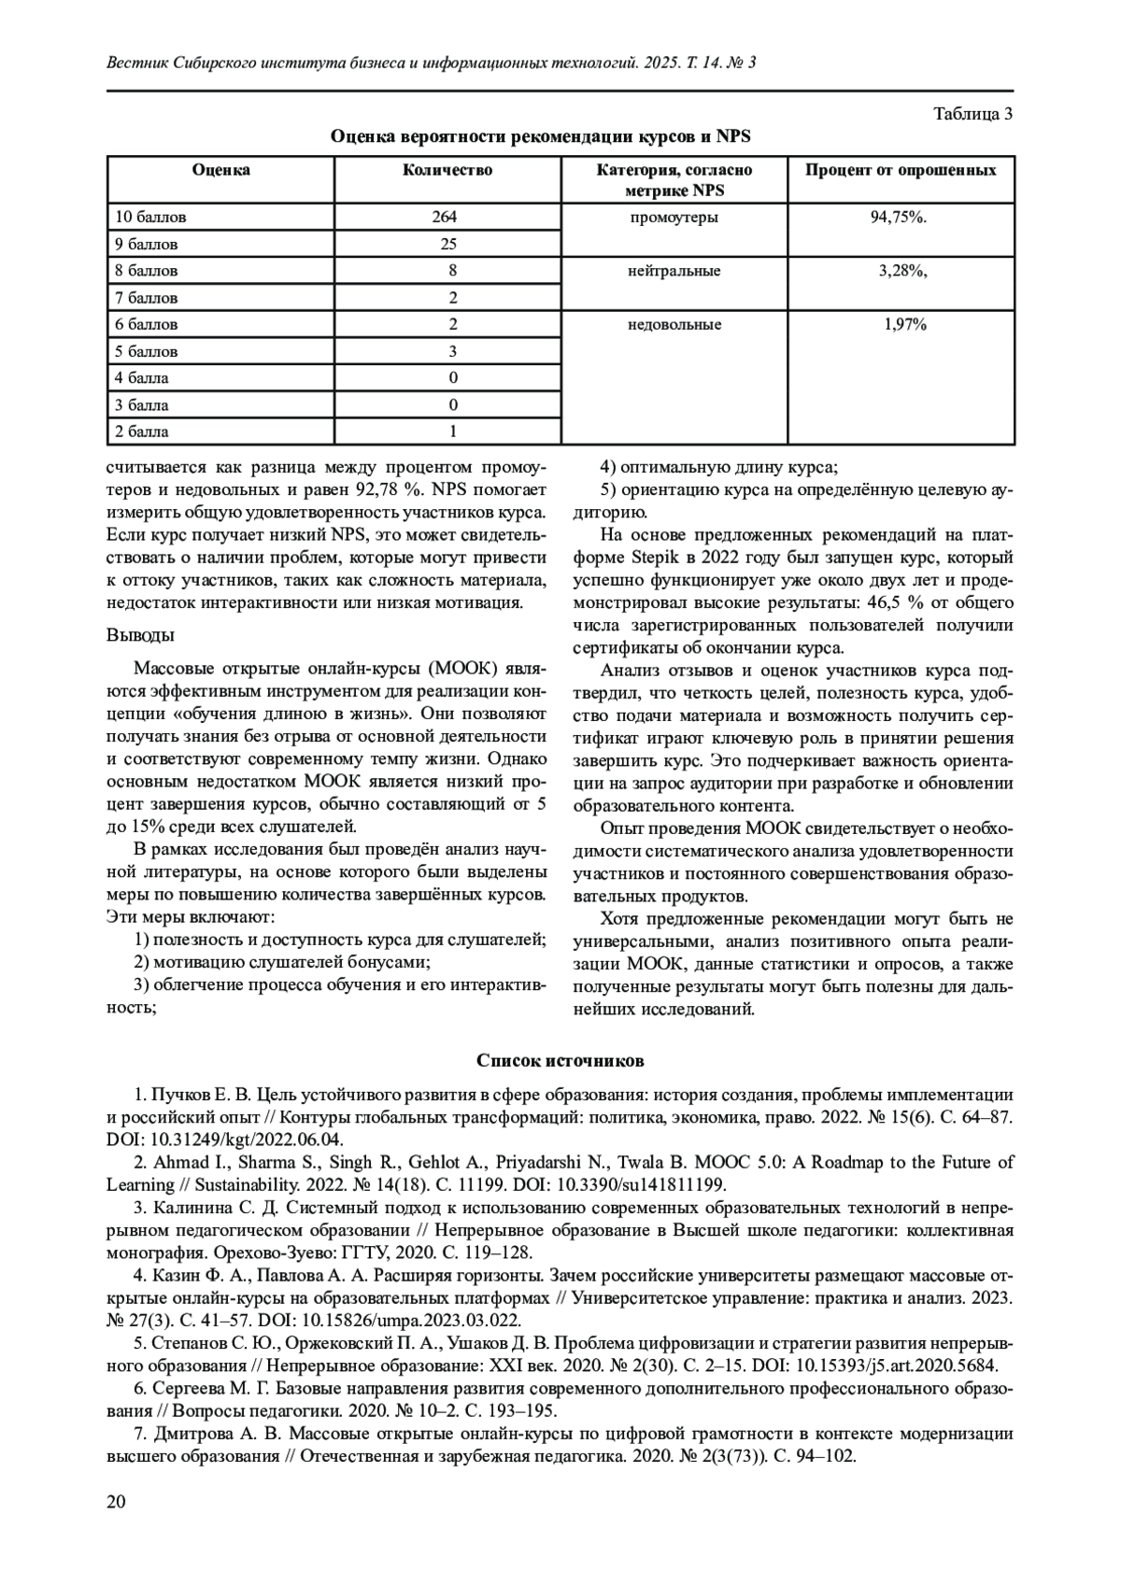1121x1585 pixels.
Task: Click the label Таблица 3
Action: tap(973, 114)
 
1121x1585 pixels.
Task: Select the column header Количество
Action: tap(447, 170)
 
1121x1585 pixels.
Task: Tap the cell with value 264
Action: tap(445, 217)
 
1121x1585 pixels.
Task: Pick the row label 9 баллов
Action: tap(147, 244)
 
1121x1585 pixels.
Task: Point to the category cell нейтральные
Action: tap(674, 271)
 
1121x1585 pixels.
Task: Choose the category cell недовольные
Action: tap(674, 325)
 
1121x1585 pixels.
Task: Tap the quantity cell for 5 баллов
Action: tap(453, 351)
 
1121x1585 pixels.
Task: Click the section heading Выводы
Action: tap(140, 635)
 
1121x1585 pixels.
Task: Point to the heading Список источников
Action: tap(560, 1061)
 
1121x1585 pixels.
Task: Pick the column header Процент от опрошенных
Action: tap(901, 170)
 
